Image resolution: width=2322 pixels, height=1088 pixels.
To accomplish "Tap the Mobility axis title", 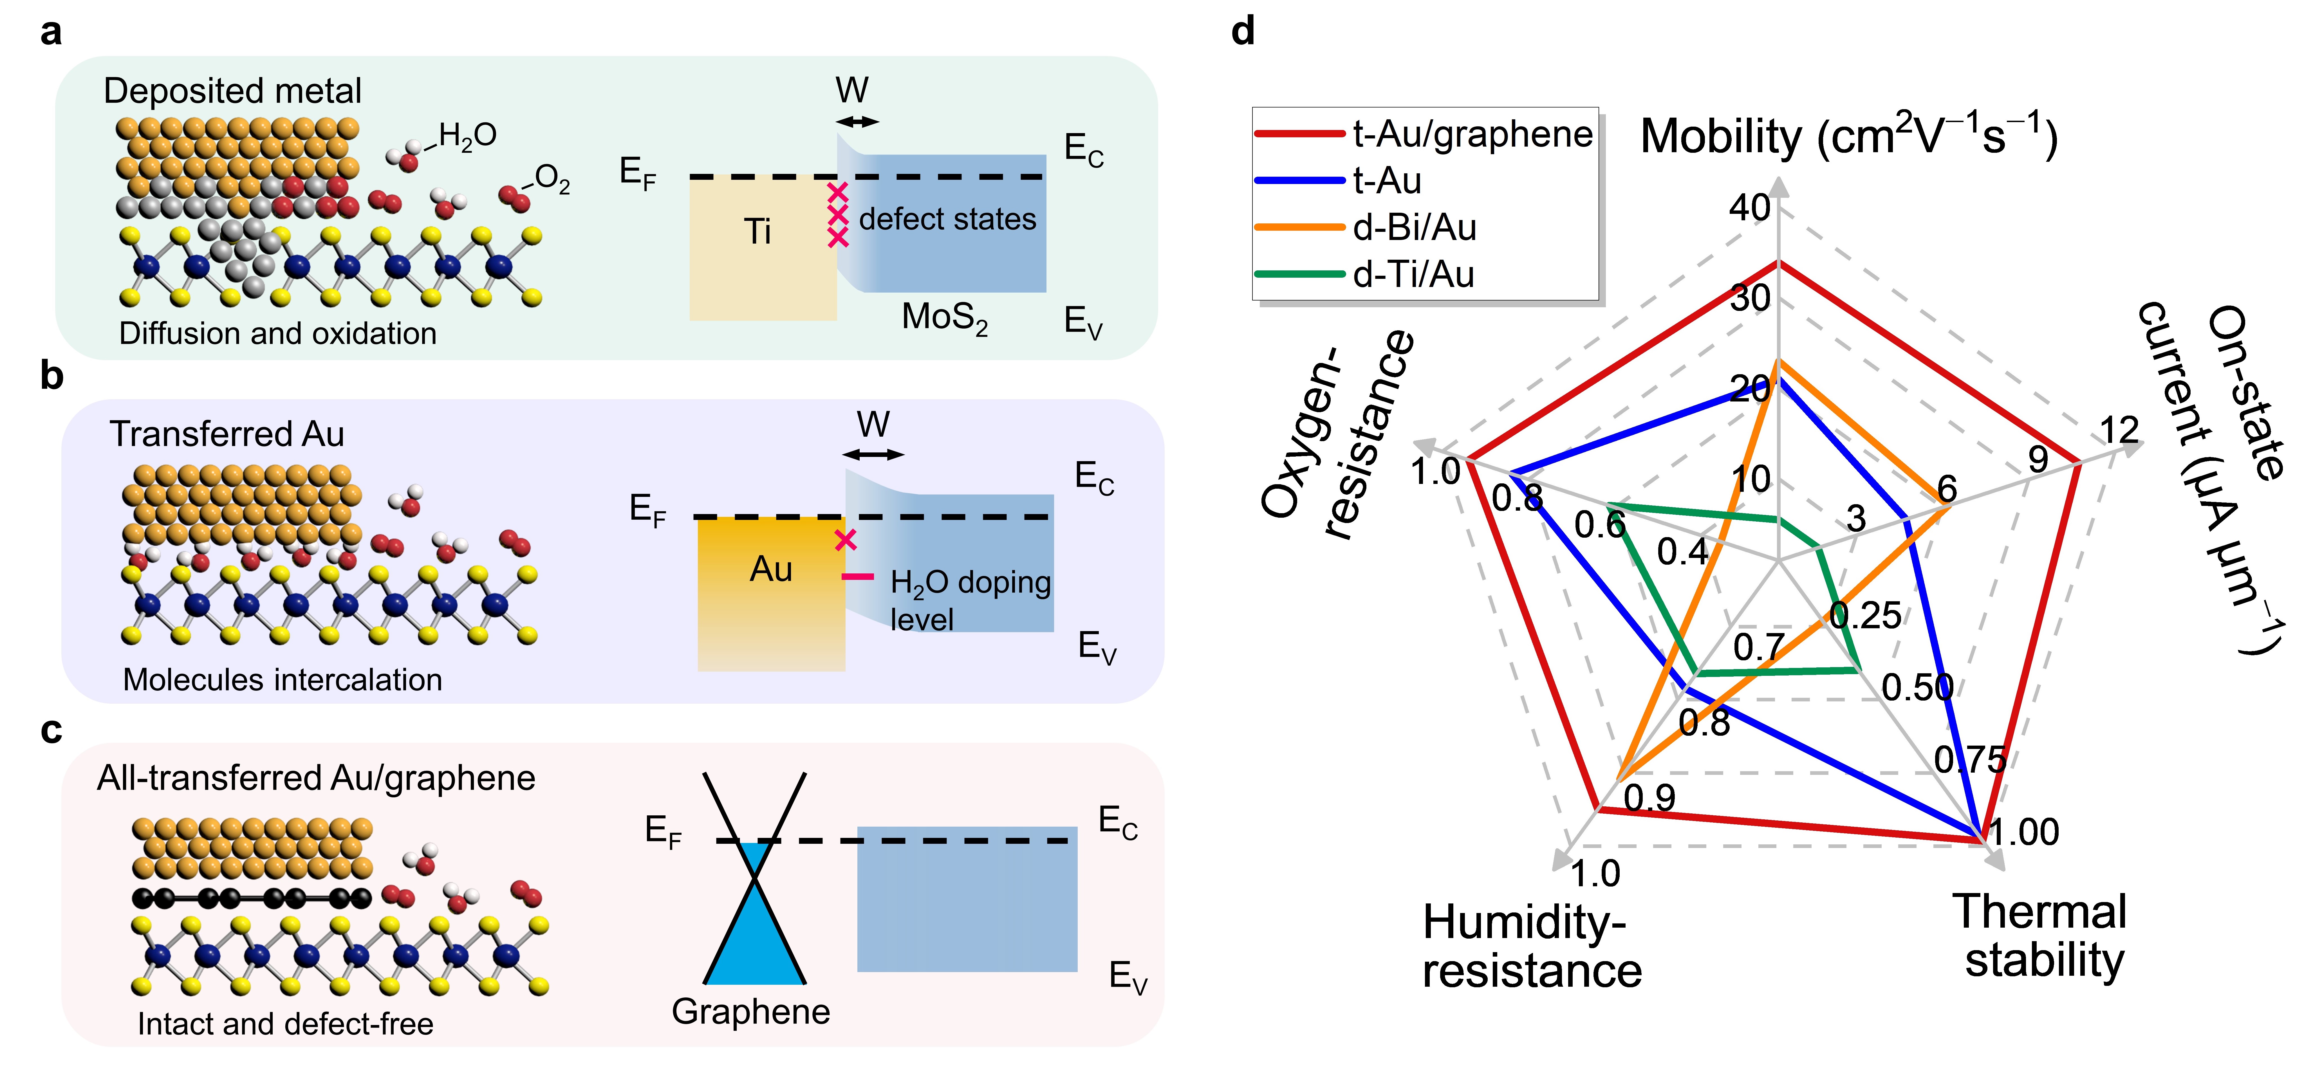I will pos(1848,137).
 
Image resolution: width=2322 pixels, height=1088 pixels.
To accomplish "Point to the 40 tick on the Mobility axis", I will pos(1749,208).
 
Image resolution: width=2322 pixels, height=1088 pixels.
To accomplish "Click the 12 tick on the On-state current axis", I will pos(2118,430).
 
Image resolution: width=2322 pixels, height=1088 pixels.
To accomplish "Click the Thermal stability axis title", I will pos(2042,936).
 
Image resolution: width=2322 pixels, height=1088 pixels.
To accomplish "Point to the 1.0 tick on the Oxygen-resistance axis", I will pos(1435,472).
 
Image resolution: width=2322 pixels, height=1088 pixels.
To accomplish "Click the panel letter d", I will pos(1243,32).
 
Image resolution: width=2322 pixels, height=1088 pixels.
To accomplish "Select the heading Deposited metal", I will pos(232,91).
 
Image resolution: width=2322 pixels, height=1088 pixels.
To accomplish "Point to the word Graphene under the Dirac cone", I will pos(751,1011).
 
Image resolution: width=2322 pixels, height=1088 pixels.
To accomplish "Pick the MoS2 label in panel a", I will pos(945,317).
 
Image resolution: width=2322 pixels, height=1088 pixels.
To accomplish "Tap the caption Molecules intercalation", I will pos(282,680).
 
